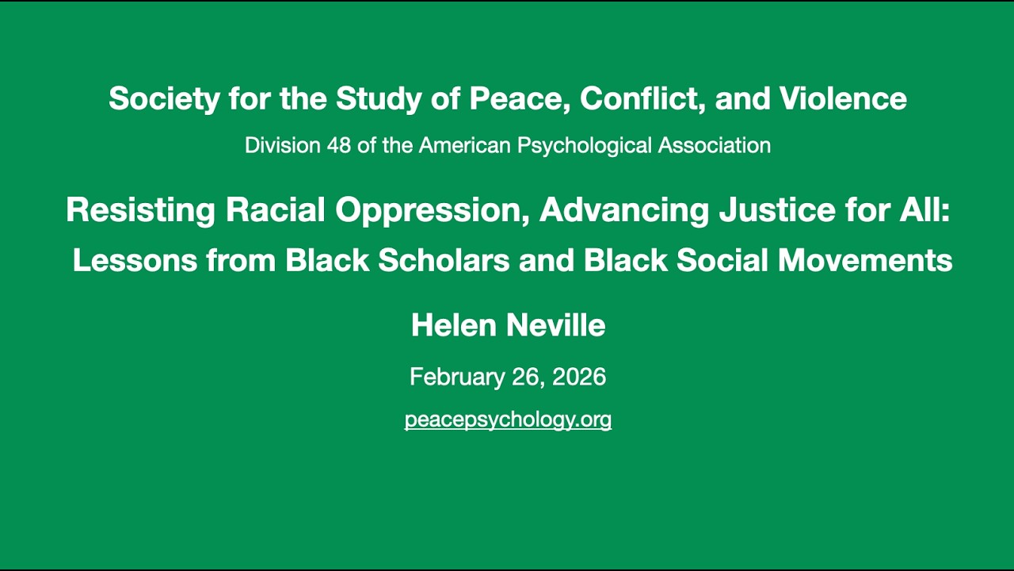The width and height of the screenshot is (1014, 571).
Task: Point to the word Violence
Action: tap(843, 99)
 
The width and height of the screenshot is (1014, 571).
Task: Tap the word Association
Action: tap(715, 146)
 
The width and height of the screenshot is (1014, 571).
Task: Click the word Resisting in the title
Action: tap(140, 210)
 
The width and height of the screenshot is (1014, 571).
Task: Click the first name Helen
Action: tap(445, 326)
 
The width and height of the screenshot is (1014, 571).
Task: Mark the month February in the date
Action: tap(456, 377)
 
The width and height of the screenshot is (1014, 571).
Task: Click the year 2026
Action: tap(579, 377)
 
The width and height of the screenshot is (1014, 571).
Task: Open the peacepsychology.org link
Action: tap(508, 420)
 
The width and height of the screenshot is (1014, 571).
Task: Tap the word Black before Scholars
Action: tap(328, 260)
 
